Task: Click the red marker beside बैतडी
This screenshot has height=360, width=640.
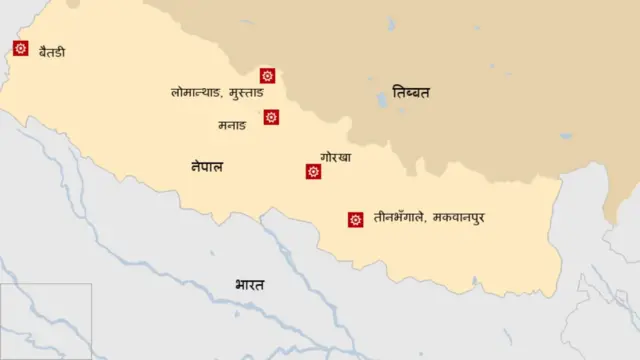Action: [20, 47]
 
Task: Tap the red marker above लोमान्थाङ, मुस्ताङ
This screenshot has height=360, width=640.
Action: [267, 75]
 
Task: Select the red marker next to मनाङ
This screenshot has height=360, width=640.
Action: [271, 117]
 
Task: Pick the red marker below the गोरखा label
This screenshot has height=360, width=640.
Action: [313, 171]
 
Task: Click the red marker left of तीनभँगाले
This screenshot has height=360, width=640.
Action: [355, 219]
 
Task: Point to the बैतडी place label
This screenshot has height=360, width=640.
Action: [52, 50]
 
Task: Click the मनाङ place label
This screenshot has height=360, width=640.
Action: [231, 125]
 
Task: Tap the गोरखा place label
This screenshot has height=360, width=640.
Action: [336, 157]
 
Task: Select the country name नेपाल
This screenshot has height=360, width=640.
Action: [207, 166]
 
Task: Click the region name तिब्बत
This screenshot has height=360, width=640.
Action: [411, 92]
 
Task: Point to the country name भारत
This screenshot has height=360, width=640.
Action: [250, 285]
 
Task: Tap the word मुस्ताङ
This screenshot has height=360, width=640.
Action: [246, 92]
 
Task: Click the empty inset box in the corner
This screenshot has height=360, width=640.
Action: [46, 320]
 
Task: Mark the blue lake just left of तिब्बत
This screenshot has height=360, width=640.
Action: [381, 100]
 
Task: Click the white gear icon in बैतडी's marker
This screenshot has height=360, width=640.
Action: [20, 47]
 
